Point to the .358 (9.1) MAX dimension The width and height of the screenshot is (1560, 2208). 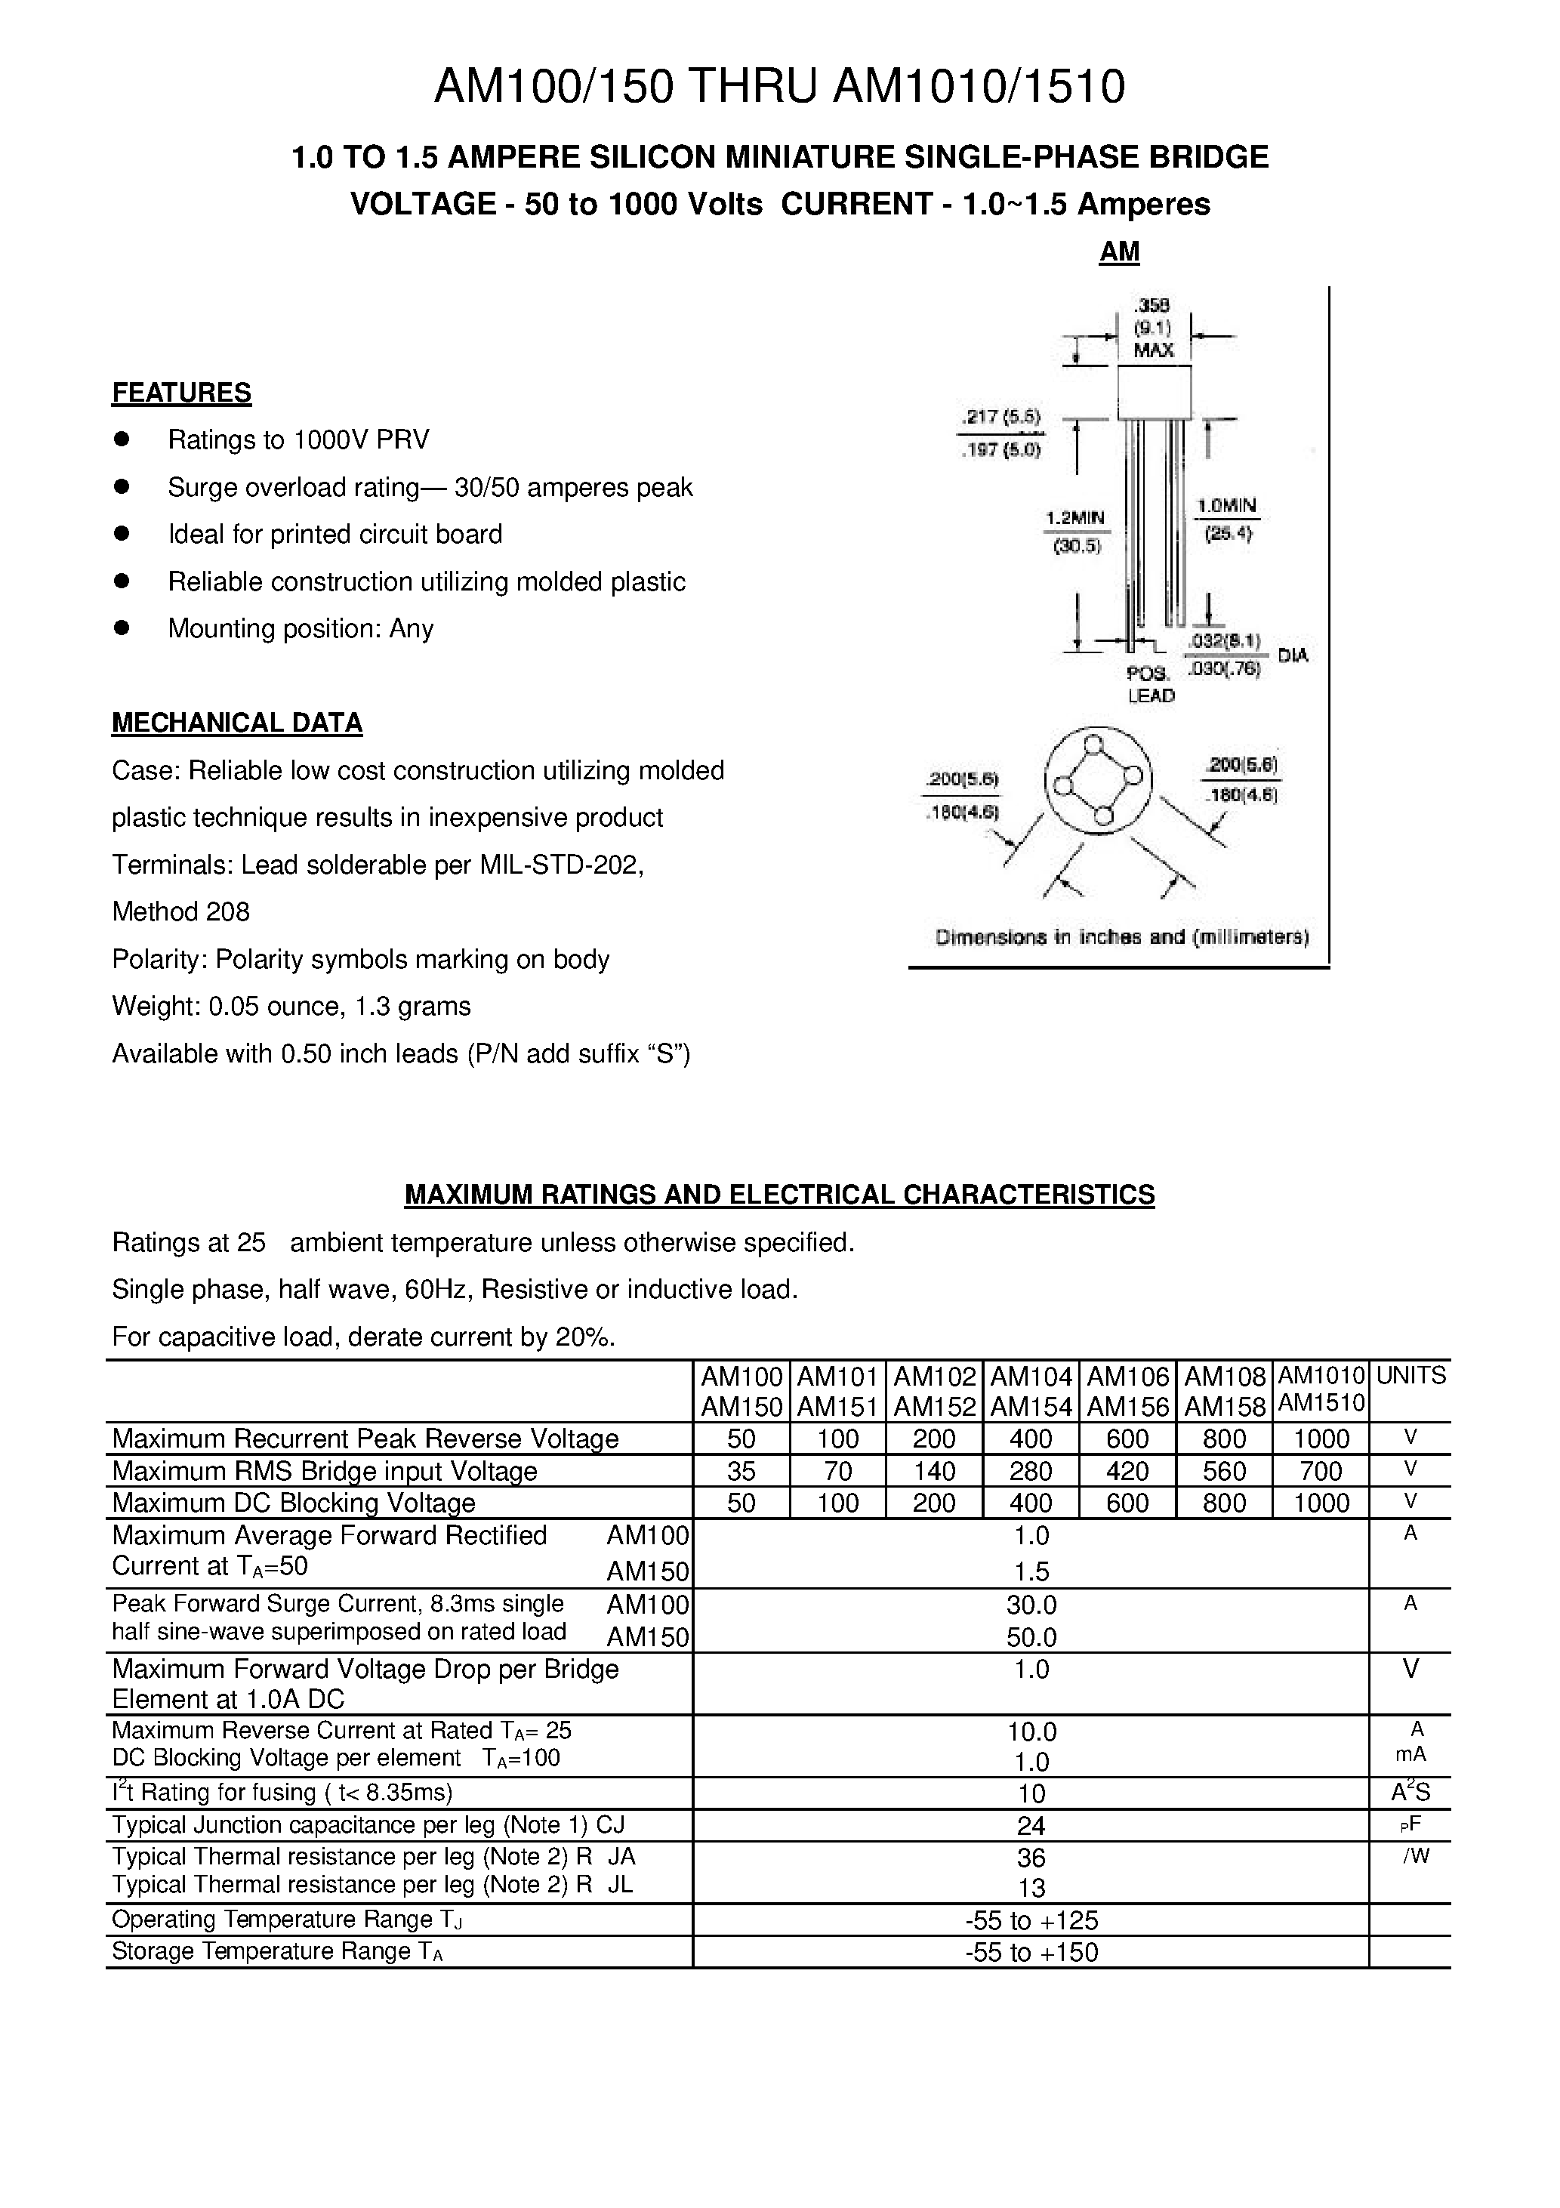(x=1152, y=328)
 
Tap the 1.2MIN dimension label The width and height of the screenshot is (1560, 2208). (x=1075, y=517)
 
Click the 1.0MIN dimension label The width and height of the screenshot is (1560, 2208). (x=1226, y=505)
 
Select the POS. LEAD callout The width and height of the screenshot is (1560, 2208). (x=1150, y=683)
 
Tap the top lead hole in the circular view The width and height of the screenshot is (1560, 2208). (x=1093, y=743)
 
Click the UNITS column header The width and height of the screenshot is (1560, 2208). (x=1410, y=1375)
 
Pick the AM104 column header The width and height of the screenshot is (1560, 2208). (x=1030, y=1376)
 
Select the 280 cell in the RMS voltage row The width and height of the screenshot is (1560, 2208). (x=1030, y=1471)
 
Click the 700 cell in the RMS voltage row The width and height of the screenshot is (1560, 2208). (x=1320, y=1471)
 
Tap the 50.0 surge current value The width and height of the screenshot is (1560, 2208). (x=1031, y=1637)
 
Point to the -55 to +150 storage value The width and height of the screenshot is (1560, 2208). (x=1031, y=1951)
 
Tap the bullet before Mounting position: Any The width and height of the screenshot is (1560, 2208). (x=121, y=628)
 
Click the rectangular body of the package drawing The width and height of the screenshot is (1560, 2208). (x=1153, y=391)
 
